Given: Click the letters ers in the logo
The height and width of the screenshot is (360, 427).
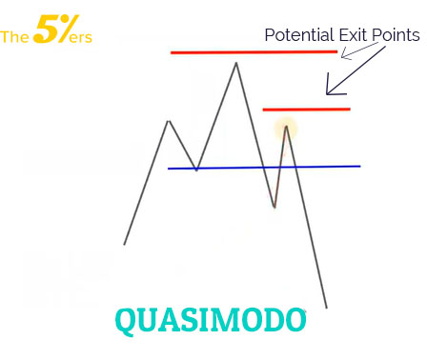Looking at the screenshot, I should (x=80, y=40).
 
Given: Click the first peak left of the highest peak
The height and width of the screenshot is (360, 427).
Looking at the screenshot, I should (x=169, y=121).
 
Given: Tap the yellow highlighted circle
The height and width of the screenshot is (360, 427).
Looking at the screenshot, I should (x=285, y=129).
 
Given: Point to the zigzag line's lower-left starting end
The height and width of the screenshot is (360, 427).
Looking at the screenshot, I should (x=124, y=244).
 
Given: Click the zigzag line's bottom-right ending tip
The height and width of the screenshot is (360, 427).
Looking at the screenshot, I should (x=326, y=307).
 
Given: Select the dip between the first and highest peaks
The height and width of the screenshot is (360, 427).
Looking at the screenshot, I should (x=196, y=170).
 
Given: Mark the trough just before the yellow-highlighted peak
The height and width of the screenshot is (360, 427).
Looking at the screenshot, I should (x=274, y=207).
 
